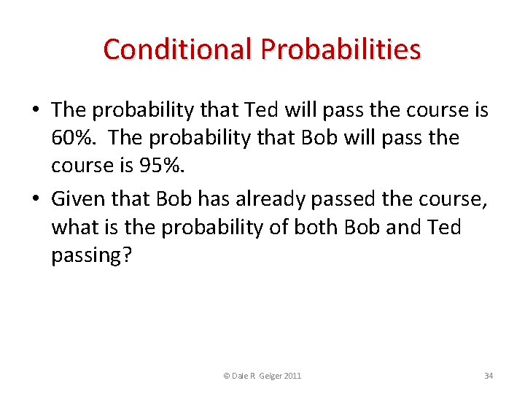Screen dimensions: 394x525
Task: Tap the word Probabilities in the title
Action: (x=341, y=49)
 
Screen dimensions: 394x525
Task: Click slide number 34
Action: (x=489, y=376)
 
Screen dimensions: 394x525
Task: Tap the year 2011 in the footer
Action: (x=290, y=376)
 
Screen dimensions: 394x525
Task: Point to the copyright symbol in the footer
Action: (x=227, y=376)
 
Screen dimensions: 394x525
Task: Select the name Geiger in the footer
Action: (x=265, y=376)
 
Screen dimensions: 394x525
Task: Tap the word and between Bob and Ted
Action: (x=405, y=228)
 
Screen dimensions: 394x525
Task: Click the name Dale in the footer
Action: (x=240, y=376)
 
